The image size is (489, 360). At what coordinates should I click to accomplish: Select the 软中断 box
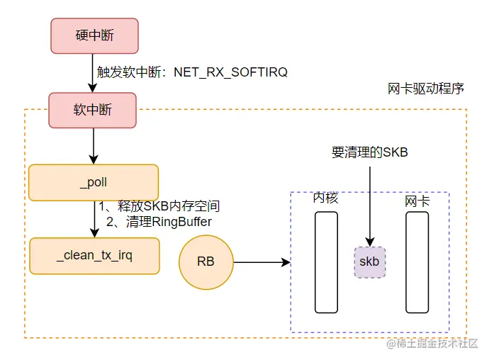(x=93, y=111)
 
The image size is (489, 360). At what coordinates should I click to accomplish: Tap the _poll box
(x=93, y=183)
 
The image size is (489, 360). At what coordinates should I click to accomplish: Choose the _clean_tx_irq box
(x=94, y=256)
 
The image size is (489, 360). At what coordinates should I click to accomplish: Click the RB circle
(x=206, y=262)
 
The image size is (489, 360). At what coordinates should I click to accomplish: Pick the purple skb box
(x=369, y=262)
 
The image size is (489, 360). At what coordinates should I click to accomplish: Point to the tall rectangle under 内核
(x=326, y=262)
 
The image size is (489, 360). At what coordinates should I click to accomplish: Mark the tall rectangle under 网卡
(x=417, y=262)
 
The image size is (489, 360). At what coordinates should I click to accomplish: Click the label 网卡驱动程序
(x=426, y=89)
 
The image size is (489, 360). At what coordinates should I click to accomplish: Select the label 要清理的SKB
(x=369, y=152)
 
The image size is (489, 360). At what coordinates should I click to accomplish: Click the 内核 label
(x=325, y=199)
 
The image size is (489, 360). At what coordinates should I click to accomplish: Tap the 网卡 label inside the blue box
(x=417, y=201)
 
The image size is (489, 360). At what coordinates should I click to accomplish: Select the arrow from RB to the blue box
(x=262, y=262)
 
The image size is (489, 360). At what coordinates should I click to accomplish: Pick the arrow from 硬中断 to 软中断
(x=93, y=74)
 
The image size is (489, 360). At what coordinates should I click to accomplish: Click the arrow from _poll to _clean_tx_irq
(x=93, y=220)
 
